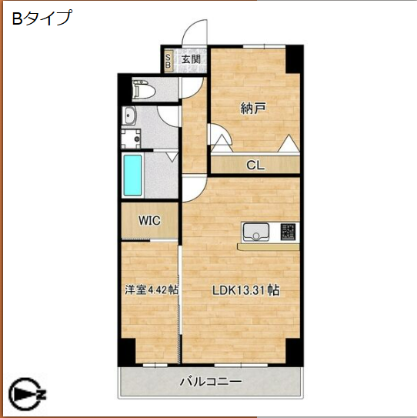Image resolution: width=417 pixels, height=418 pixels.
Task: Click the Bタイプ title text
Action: coord(42,18)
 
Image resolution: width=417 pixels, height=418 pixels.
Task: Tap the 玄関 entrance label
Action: coord(190,60)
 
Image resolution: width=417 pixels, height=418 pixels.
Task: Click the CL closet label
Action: coord(255,164)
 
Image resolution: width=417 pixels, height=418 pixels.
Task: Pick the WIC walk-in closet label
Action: coord(148,221)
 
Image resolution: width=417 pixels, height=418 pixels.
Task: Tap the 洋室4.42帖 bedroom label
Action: coord(152,290)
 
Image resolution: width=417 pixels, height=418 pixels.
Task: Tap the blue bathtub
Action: coord(133,176)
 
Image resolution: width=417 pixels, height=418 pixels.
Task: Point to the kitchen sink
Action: coord(255,232)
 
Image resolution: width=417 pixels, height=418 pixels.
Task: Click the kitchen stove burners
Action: coord(288,232)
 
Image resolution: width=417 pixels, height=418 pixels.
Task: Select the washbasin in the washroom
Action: coord(129,117)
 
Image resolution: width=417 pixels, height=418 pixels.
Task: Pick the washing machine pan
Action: coord(132,140)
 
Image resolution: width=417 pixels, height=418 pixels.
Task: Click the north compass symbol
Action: coord(28,395)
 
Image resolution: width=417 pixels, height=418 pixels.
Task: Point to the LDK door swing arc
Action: coord(192,187)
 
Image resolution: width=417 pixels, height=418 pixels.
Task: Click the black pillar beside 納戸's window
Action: coord(292,59)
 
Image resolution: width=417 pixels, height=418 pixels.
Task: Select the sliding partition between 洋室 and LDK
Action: coord(179,300)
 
